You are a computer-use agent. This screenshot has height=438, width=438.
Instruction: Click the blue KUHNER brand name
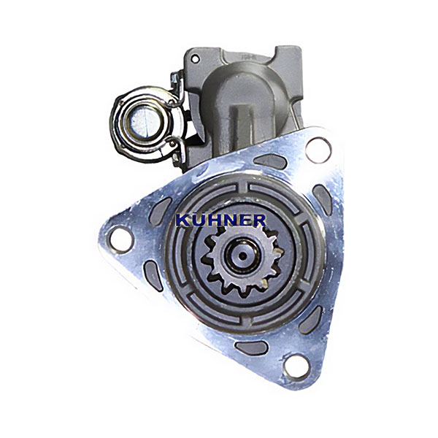click(221, 220)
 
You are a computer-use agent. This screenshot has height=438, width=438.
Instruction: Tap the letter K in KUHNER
click(183, 220)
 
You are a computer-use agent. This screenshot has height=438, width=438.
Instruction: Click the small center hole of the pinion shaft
click(242, 255)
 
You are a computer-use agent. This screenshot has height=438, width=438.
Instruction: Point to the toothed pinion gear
click(242, 260)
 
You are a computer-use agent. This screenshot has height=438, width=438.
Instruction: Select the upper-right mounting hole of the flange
click(318, 150)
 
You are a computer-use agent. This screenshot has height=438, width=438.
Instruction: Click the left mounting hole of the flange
click(121, 239)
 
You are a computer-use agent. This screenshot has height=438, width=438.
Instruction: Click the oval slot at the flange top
click(270, 161)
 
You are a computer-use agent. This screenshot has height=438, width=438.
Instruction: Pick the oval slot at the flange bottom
click(251, 348)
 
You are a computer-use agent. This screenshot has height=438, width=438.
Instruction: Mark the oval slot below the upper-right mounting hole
click(322, 199)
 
